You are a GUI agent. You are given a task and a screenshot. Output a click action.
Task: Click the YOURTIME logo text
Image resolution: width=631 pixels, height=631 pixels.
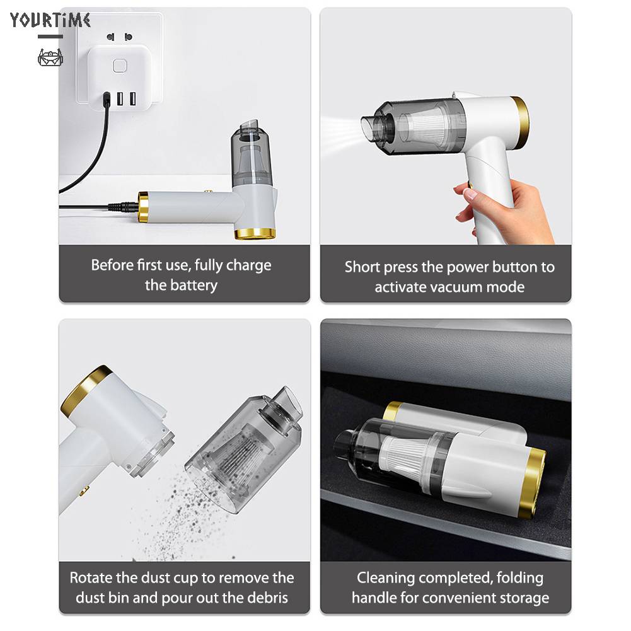[50, 21]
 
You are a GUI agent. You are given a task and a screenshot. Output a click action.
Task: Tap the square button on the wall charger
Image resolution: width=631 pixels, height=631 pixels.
[117, 66]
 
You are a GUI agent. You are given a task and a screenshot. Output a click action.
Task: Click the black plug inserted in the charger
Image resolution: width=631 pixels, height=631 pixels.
[106, 100]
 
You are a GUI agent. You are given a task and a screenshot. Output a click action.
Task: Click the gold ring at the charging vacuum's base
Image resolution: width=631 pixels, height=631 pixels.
[255, 233]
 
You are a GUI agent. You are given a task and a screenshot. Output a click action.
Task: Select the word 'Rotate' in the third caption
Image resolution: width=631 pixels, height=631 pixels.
[91, 577]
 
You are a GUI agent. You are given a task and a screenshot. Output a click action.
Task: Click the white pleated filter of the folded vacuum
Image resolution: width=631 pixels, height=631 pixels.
[403, 457]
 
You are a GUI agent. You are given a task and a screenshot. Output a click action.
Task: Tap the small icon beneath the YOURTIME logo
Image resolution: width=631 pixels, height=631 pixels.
[50, 58]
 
